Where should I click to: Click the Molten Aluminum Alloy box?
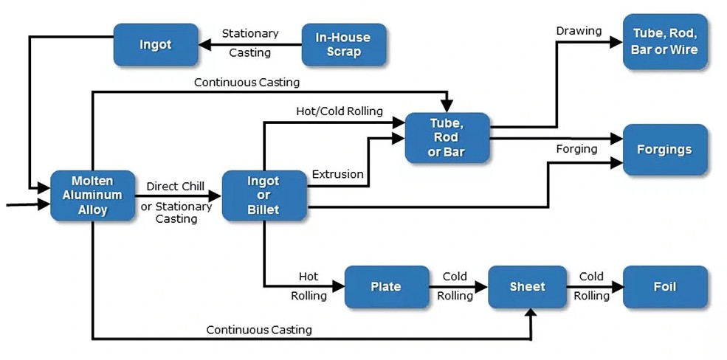[93, 195]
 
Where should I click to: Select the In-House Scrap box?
[343, 44]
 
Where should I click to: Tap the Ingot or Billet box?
[263, 195]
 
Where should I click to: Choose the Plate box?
[387, 286]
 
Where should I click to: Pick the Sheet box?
[527, 286]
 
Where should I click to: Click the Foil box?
[664, 286]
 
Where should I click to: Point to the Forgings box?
[664, 149]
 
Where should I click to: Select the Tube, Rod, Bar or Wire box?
[664, 41]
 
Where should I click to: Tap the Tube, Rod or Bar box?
[447, 137]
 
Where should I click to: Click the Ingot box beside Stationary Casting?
[156, 44]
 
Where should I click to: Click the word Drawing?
[579, 31]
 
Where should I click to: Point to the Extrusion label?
[337, 174]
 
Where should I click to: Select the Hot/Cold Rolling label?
[340, 111]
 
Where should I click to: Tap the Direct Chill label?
[175, 187]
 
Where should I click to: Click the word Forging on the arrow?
[576, 149]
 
